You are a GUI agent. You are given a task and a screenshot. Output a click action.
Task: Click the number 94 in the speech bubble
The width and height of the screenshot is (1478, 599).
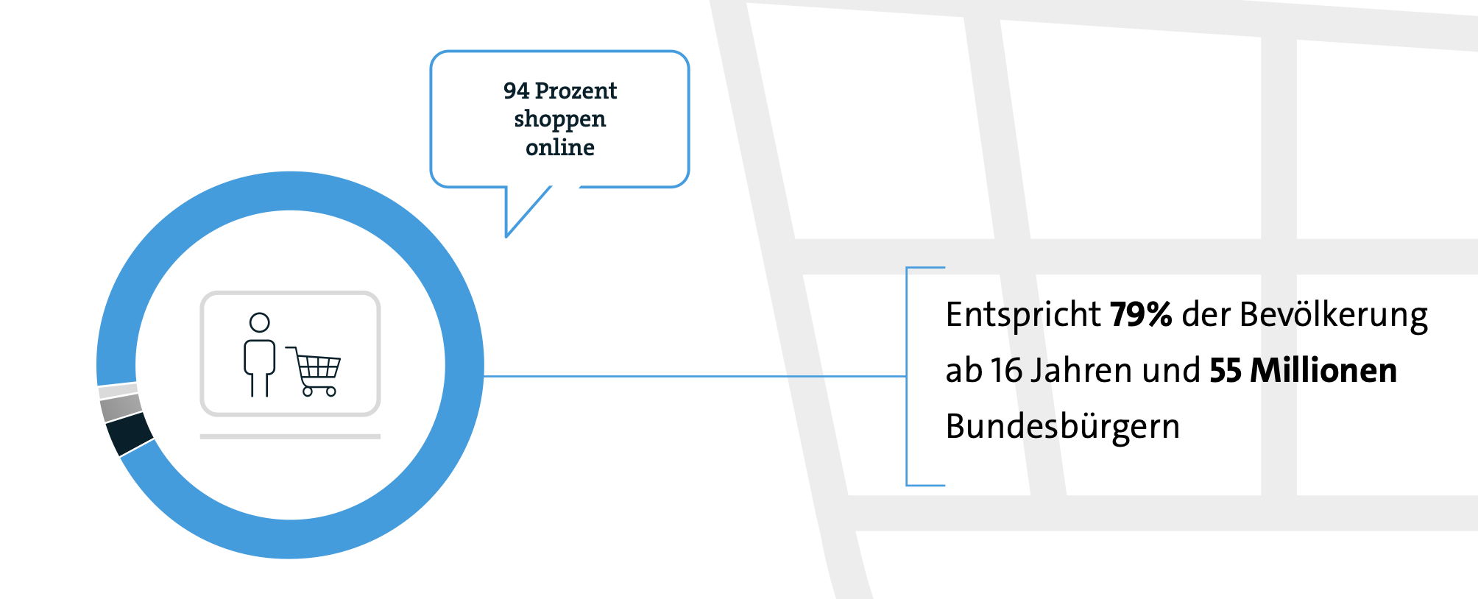516,91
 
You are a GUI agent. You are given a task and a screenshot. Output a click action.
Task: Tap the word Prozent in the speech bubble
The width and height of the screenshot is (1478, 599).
576,91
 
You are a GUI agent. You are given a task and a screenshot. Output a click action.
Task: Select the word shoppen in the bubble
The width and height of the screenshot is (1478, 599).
559,119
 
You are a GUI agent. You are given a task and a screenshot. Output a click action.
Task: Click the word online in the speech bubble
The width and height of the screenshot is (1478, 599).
559,148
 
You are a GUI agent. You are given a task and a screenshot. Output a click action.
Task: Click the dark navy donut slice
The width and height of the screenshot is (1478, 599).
130,434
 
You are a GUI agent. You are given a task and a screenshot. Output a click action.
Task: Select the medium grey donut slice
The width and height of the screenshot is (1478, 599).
121,407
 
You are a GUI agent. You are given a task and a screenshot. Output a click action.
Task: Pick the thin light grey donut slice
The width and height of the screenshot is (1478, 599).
118,391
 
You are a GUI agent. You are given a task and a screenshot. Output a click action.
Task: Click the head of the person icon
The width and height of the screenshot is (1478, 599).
259,322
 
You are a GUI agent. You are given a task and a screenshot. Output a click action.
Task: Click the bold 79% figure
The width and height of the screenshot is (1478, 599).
1140,315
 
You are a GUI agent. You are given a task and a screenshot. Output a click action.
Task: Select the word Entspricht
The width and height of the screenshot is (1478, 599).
1022,315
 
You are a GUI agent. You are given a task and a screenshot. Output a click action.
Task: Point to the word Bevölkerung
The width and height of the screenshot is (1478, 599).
1333,315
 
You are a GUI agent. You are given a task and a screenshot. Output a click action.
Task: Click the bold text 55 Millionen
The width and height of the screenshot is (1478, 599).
1302,371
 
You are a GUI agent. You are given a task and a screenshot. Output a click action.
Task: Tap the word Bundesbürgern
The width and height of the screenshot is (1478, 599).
1062,427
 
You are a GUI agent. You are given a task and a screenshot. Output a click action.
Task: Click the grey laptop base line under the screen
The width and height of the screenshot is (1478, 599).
290,436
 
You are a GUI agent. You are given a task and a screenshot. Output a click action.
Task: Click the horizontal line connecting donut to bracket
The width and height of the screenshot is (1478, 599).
692,376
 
